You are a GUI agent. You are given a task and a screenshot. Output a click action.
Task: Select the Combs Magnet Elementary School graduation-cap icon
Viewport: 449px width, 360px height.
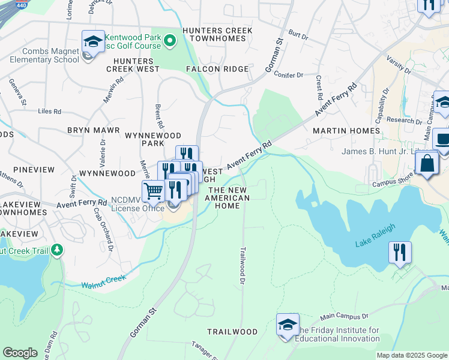click(x=93, y=42)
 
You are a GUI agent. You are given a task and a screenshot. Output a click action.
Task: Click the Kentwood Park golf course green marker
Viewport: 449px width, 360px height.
click(x=170, y=41)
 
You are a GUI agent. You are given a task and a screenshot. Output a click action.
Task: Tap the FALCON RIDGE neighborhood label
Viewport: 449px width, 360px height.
click(x=217, y=69)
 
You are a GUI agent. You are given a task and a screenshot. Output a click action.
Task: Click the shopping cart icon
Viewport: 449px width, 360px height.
click(x=154, y=191)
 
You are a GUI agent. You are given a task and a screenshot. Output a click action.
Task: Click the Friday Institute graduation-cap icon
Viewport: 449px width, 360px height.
click(x=288, y=325)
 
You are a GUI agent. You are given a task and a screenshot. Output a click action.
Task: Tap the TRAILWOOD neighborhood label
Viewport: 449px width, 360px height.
click(x=232, y=332)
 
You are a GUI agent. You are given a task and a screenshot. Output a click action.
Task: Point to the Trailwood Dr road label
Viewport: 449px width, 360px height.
click(x=243, y=265)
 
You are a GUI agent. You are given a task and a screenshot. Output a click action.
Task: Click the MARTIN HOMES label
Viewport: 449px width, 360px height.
click(x=346, y=130)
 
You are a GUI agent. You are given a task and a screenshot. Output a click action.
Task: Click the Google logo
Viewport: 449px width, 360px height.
click(x=20, y=353)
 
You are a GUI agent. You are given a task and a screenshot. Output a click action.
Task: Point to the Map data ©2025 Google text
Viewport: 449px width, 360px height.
click(x=411, y=355)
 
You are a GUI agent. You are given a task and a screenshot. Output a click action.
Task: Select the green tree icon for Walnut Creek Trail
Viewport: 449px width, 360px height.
click(x=57, y=250)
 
